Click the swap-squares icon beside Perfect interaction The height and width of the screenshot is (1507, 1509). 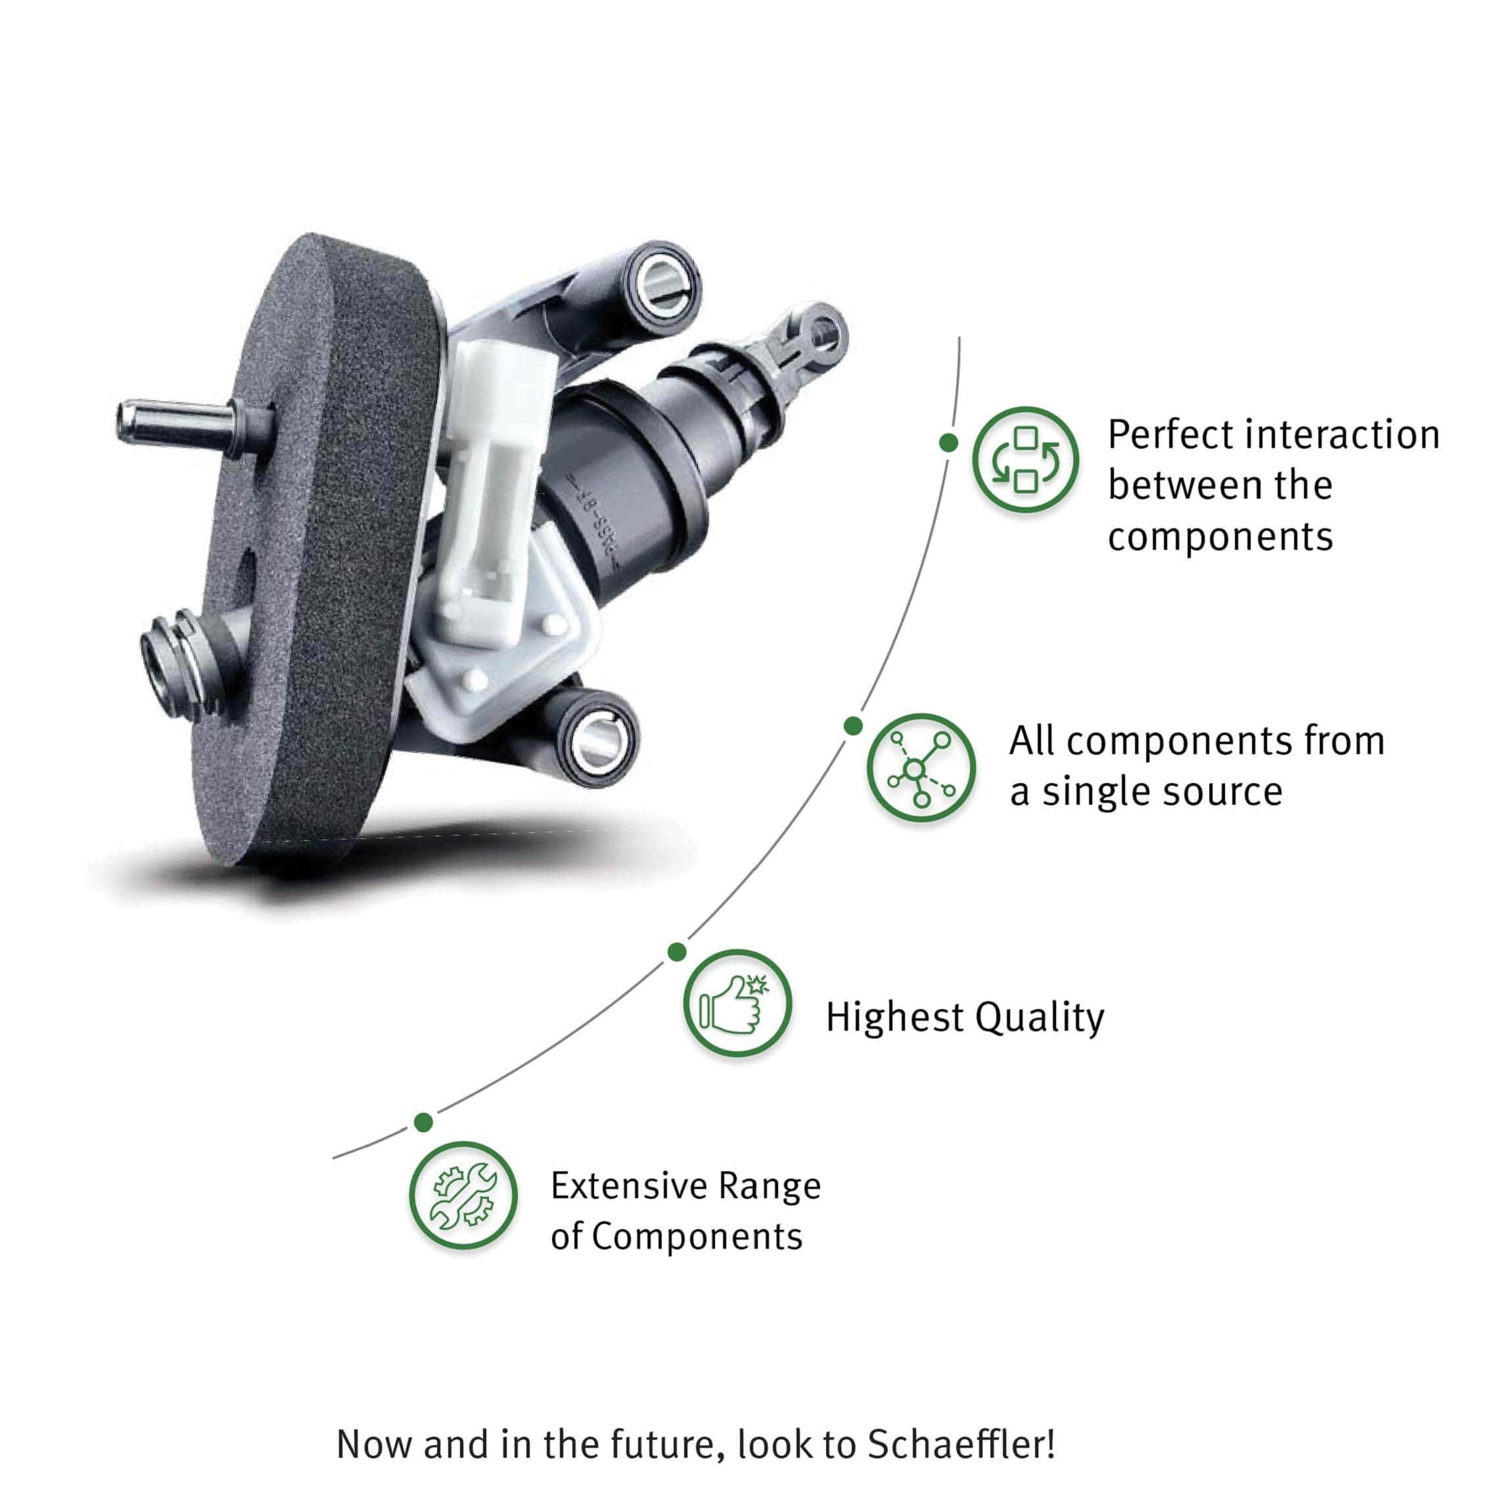1025,460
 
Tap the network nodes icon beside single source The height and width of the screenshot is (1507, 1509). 921,767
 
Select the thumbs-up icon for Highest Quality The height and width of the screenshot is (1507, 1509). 737,1002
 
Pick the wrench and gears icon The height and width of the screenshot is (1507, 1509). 463,1196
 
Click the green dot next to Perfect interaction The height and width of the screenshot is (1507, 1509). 948,443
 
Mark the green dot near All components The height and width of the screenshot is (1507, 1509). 853,726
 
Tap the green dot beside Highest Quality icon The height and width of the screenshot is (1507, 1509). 677,952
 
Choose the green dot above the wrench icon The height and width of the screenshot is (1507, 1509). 423,1122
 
